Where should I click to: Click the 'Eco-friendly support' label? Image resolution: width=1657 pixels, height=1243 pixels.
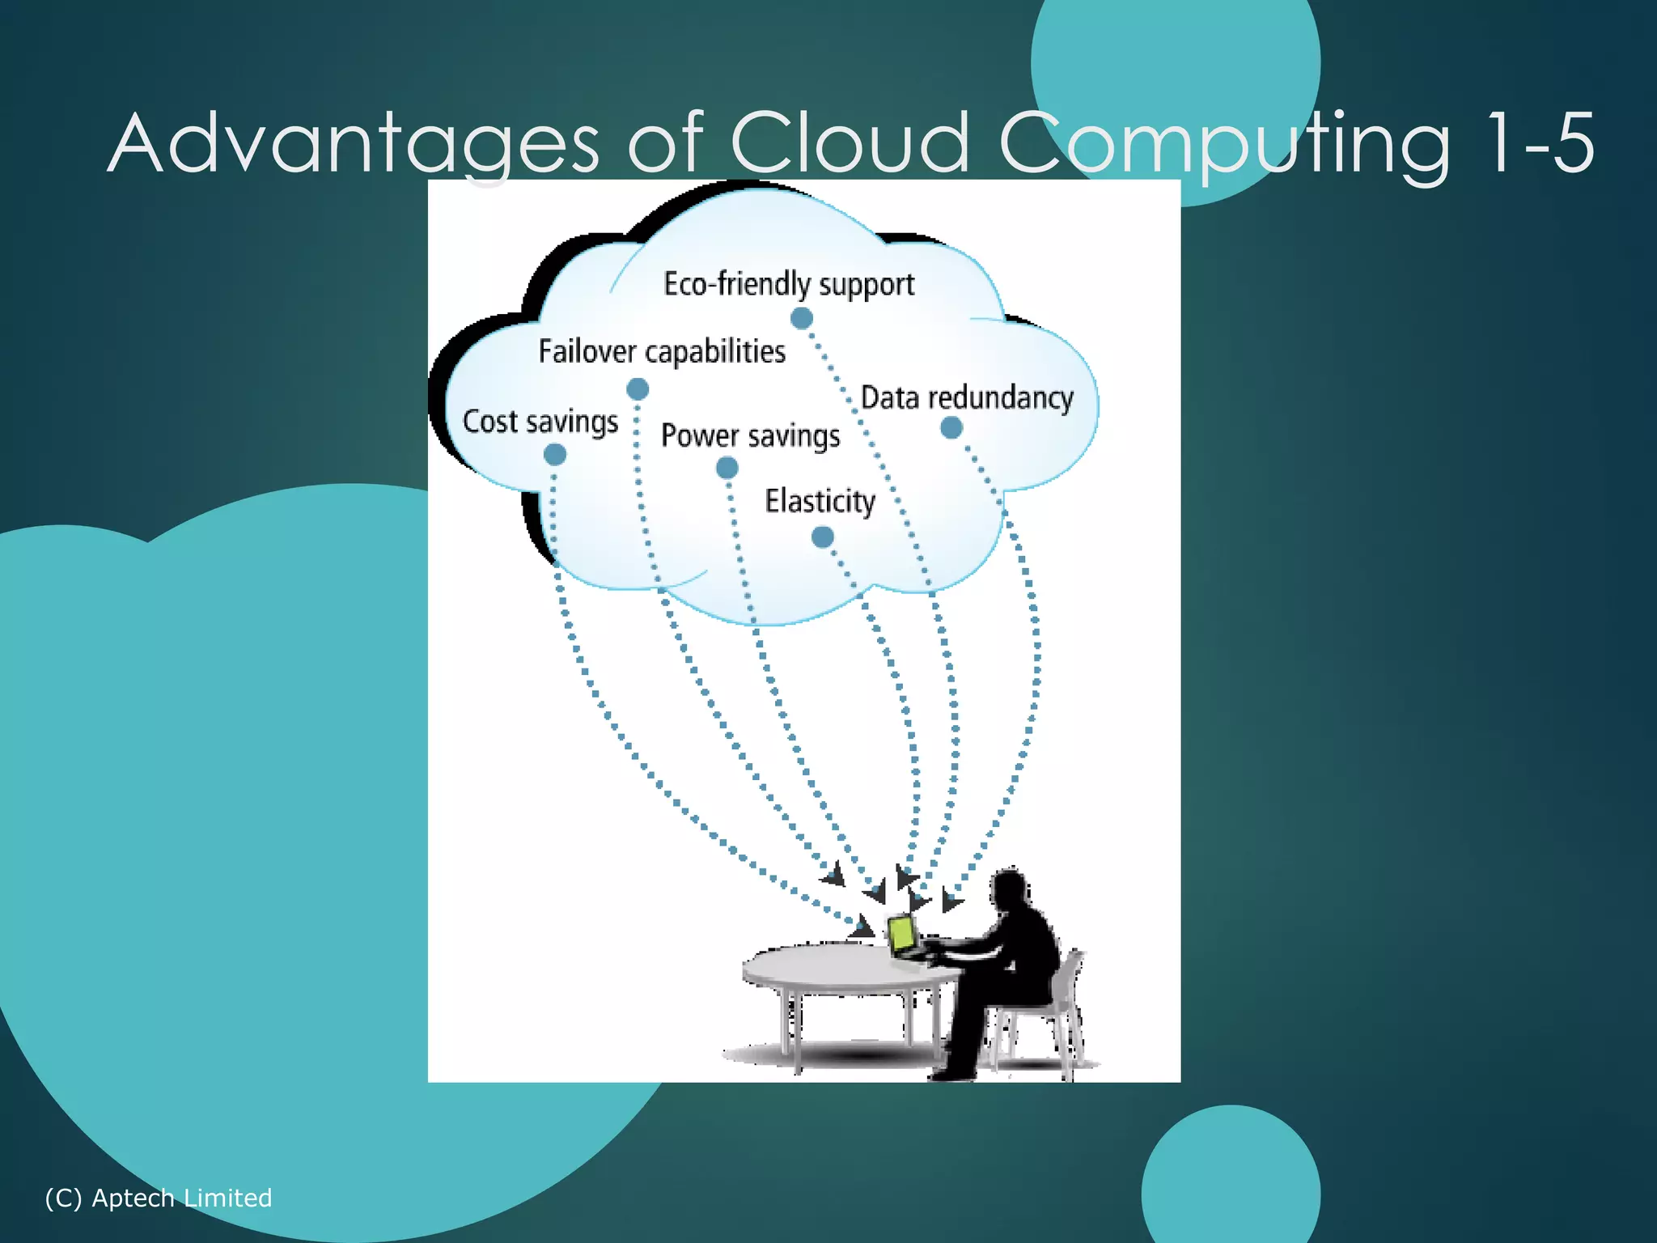click(789, 285)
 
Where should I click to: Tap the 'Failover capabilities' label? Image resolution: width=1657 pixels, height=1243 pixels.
click(662, 352)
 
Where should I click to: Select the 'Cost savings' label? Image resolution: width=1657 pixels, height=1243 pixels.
click(540, 422)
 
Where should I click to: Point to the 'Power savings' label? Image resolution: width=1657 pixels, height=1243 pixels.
click(751, 435)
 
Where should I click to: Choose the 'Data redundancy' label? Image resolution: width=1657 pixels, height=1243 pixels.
click(967, 398)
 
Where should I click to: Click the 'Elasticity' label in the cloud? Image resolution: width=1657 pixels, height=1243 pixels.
click(820, 501)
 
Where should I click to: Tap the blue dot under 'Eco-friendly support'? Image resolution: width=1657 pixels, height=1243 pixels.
click(801, 319)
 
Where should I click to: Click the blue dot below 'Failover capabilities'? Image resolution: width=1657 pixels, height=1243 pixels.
click(638, 389)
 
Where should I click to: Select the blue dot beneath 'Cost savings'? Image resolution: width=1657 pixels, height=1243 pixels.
click(555, 455)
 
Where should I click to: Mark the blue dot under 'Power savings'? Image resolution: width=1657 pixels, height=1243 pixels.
click(727, 468)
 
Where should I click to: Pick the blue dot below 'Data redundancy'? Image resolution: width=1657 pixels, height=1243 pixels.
click(951, 427)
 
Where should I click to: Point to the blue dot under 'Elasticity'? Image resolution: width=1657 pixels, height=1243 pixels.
click(822, 537)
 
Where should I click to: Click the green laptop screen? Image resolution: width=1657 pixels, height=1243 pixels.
click(901, 935)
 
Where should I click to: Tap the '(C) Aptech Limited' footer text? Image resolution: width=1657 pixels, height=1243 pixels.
click(159, 1198)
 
